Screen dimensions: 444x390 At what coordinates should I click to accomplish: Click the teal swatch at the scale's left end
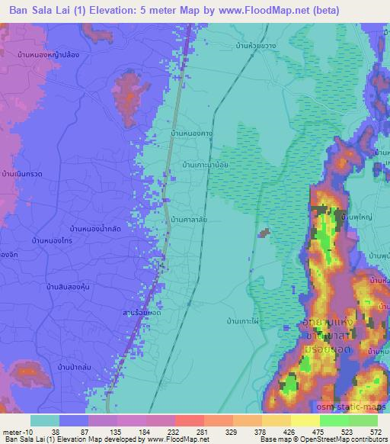pos(45,420)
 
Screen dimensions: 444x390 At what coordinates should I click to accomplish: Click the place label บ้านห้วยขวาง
pos(256,47)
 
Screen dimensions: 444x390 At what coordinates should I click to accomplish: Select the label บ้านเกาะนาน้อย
pos(206,164)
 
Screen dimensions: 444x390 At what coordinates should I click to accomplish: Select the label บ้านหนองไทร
pos(52,240)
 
